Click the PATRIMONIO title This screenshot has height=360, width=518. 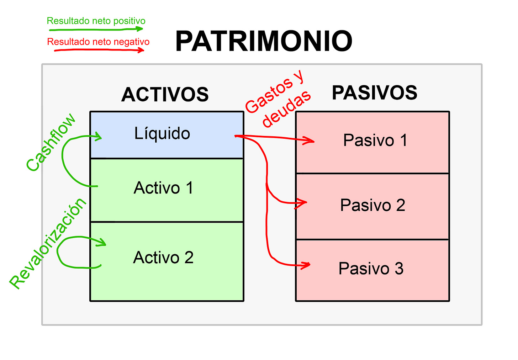coord(264,41)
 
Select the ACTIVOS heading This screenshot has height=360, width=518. coord(165,95)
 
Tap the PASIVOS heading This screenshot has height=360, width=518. coord(374,93)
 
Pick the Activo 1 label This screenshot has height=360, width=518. coord(163,188)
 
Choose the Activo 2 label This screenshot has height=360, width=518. coord(163,258)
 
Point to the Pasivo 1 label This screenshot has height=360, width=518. coord(375,140)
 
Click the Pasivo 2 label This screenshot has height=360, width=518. coord(372,205)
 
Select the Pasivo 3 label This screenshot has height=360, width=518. coord(371,269)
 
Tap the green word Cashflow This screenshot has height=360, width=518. coord(51,142)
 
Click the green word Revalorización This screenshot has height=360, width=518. coord(48,243)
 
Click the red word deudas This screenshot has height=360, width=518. coord(286,108)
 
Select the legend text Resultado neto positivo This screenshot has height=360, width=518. coord(96,21)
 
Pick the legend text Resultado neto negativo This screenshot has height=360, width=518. coord(98,42)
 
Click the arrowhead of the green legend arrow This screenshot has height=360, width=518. coord(141,29)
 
